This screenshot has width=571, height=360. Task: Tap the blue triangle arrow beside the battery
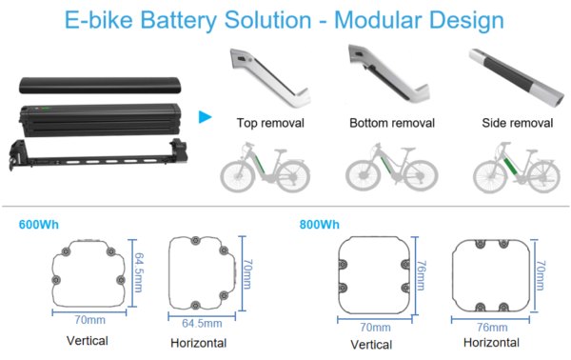tap(204, 117)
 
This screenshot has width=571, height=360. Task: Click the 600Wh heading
tap(38, 225)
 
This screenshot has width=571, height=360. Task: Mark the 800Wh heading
tap(319, 225)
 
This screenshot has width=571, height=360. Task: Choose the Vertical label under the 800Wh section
tap(374, 342)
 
